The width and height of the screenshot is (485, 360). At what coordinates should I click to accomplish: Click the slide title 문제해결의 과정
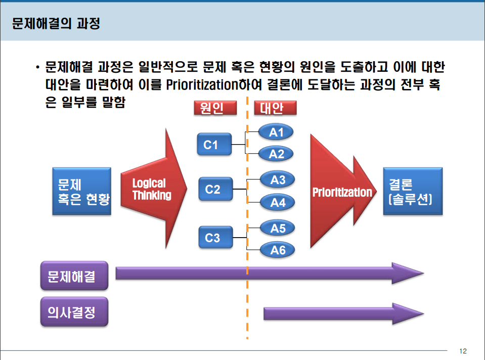tap(56, 24)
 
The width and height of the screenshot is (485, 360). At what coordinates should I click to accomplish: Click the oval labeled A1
tap(276, 132)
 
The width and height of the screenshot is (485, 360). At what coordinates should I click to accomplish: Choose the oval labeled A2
tap(276, 154)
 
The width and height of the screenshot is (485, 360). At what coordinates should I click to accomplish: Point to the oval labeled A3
tap(278, 179)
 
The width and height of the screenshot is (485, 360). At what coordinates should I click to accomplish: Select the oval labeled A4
tap(278, 203)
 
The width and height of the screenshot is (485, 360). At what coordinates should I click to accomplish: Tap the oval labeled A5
tap(278, 228)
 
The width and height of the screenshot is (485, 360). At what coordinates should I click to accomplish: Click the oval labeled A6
tap(278, 250)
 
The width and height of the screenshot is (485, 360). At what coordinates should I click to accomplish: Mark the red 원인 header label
tap(215, 108)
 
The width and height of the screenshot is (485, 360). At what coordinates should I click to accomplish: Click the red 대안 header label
tap(275, 108)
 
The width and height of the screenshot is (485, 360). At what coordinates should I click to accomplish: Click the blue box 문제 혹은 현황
tap(81, 191)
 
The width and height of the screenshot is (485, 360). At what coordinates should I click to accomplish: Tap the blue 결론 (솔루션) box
tap(412, 191)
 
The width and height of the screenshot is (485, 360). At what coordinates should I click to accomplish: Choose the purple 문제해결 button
tap(74, 276)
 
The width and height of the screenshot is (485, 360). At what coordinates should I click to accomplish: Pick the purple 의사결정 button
tap(74, 312)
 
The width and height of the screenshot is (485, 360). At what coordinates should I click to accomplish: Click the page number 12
tap(463, 351)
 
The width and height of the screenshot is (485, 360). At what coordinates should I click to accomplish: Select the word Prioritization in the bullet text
tap(202, 85)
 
